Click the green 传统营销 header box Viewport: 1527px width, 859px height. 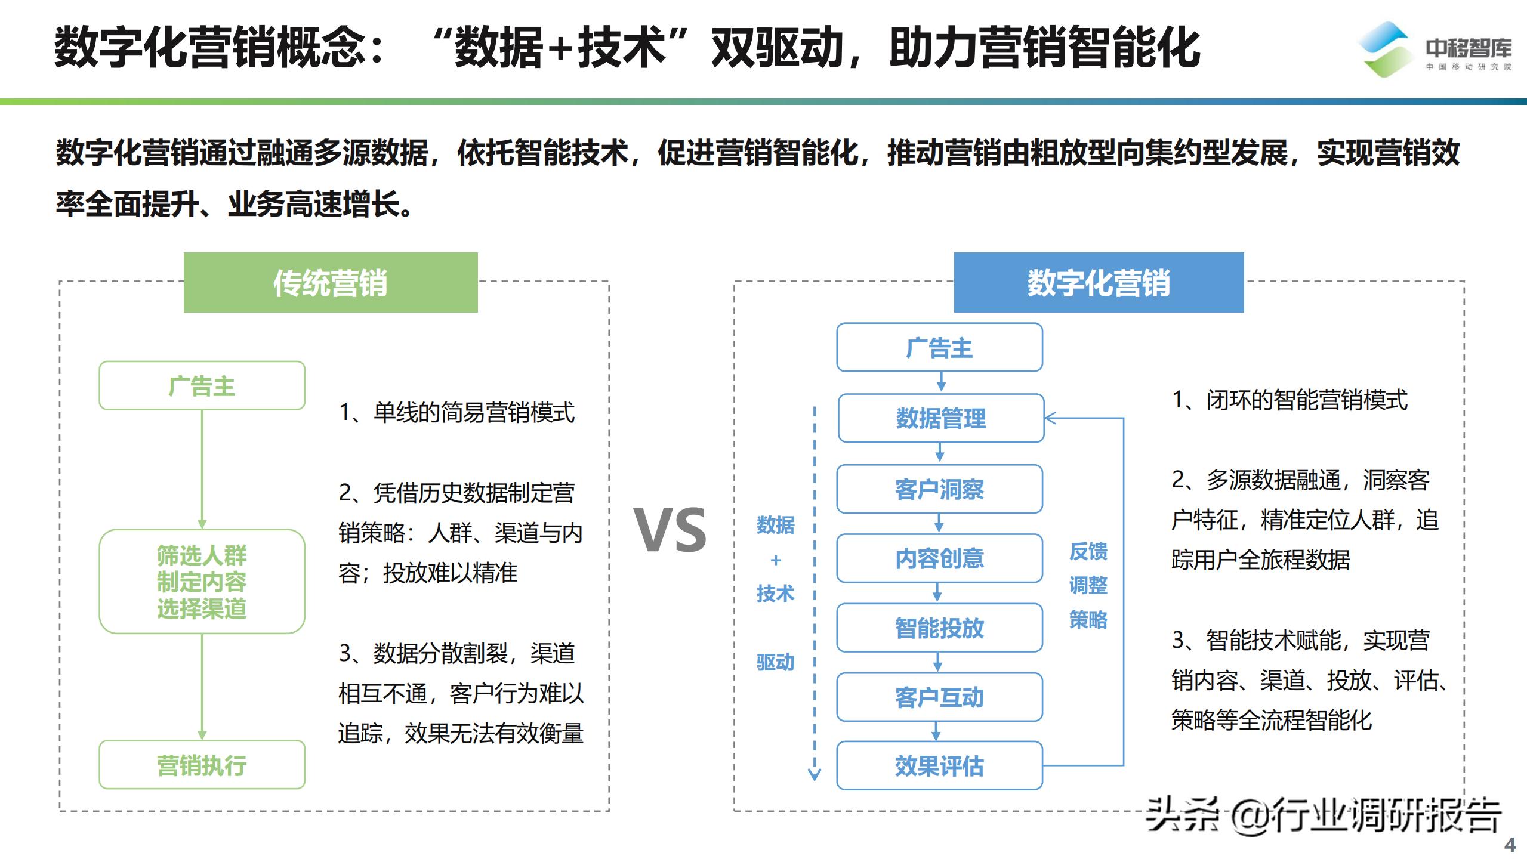click(x=331, y=282)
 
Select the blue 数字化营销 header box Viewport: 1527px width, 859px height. click(x=1099, y=282)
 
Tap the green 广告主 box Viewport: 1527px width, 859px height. click(x=202, y=386)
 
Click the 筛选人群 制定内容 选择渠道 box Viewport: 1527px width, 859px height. click(x=202, y=581)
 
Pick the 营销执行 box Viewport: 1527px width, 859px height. click(x=202, y=765)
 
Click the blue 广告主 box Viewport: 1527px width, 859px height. click(x=939, y=348)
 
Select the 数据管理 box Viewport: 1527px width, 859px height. click(x=940, y=418)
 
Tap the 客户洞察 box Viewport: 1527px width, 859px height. click(x=939, y=489)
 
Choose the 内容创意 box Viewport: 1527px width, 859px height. click(x=939, y=558)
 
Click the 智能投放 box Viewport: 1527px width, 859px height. click(x=939, y=628)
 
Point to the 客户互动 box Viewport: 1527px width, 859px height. click(x=939, y=697)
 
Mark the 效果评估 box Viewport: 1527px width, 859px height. click(x=939, y=765)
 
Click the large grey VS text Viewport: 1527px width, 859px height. click(x=670, y=530)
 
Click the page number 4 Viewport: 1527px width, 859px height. click(x=1510, y=845)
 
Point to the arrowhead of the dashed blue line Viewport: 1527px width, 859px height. click(x=815, y=775)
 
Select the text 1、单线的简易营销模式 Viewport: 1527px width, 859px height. click(x=456, y=412)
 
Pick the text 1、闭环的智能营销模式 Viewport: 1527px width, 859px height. click(x=1290, y=400)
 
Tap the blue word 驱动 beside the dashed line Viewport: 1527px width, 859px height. click(x=775, y=662)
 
